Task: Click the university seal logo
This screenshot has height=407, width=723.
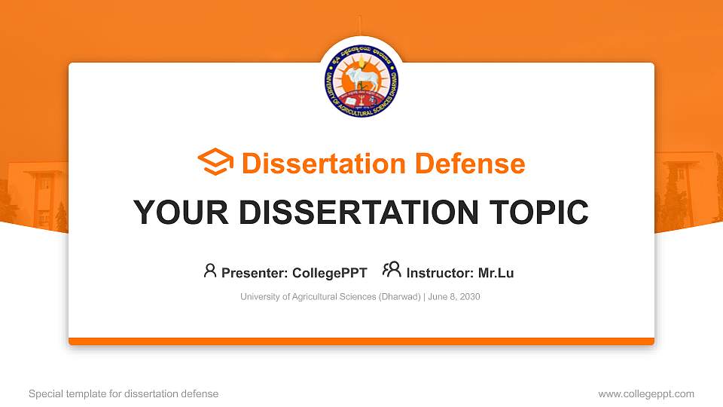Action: coord(361,80)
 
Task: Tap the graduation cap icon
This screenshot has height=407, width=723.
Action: coord(215,163)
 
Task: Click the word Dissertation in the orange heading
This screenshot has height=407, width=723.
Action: coord(315,164)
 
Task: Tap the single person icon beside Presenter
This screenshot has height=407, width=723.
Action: coord(210,271)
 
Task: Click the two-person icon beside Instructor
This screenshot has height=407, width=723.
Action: coord(392,270)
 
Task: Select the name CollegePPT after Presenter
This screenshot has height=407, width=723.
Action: coord(330,273)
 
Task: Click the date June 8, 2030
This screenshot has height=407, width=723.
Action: coord(455,297)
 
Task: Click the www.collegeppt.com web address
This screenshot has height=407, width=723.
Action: coord(646,393)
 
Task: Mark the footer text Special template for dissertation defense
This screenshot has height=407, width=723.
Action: coord(124,393)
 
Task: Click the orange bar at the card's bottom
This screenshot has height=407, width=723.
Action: coord(361,341)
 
